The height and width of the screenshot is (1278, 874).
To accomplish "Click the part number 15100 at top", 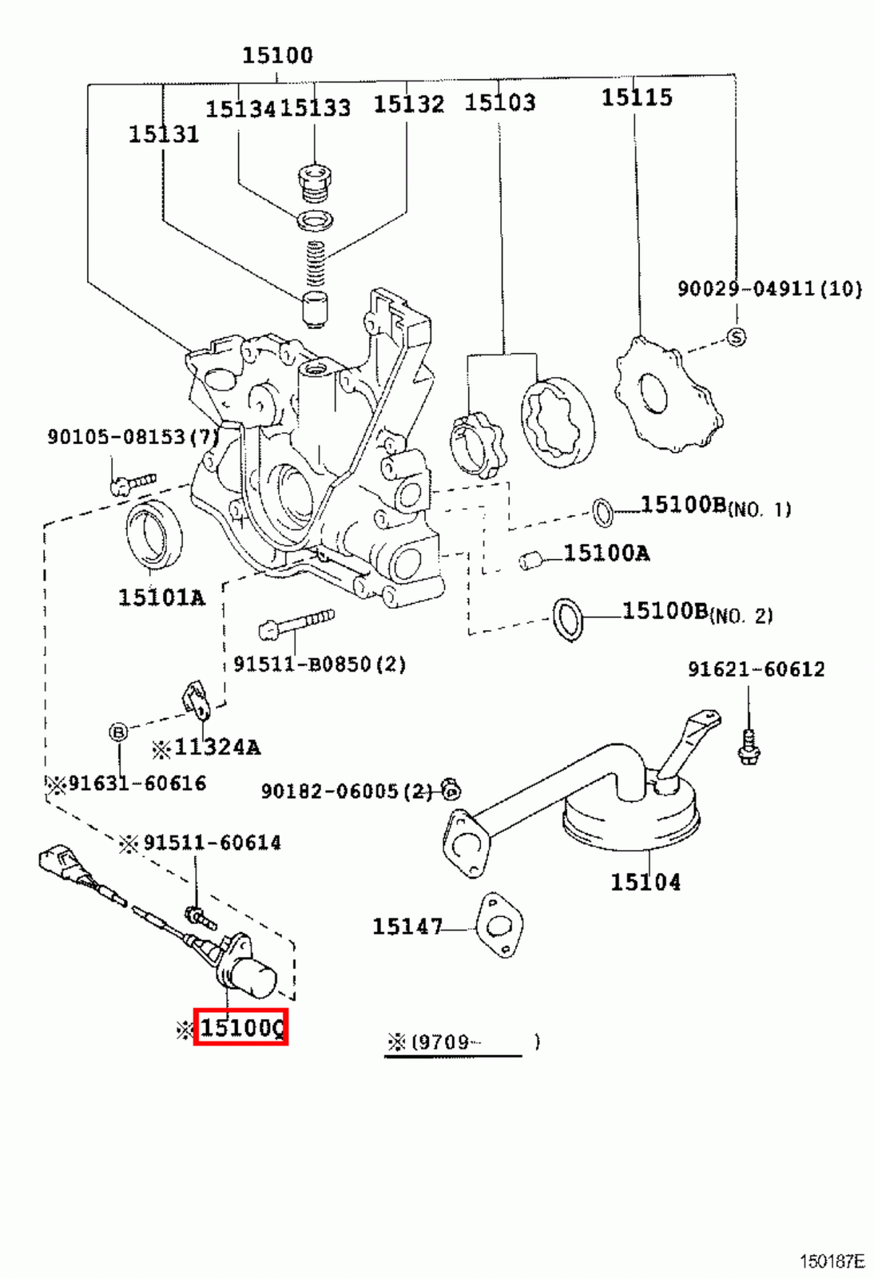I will [x=277, y=55].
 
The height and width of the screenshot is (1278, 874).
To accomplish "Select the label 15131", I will [x=164, y=134].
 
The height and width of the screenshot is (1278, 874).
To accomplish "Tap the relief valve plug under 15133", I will [x=315, y=181].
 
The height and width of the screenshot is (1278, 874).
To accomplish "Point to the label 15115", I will [x=637, y=97].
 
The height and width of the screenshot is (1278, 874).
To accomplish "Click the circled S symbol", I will [x=736, y=337].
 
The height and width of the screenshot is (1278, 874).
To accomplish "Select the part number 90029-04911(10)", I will [x=769, y=288].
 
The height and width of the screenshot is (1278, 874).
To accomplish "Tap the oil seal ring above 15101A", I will [x=153, y=534].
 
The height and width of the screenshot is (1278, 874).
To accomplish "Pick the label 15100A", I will [x=606, y=553].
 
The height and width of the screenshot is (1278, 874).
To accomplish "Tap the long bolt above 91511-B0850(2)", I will [x=296, y=624].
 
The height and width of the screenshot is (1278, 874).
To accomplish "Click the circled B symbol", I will [x=118, y=732].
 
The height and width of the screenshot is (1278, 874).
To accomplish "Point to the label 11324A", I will [x=217, y=748].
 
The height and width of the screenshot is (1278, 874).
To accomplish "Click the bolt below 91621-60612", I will [x=749, y=746].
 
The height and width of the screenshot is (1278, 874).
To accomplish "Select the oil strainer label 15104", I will [x=646, y=882].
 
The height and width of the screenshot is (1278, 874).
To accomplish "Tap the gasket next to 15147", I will [x=499, y=926].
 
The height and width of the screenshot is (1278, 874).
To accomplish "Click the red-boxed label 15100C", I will [x=240, y=1027].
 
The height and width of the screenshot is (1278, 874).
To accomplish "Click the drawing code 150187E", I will [x=832, y=1261].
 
